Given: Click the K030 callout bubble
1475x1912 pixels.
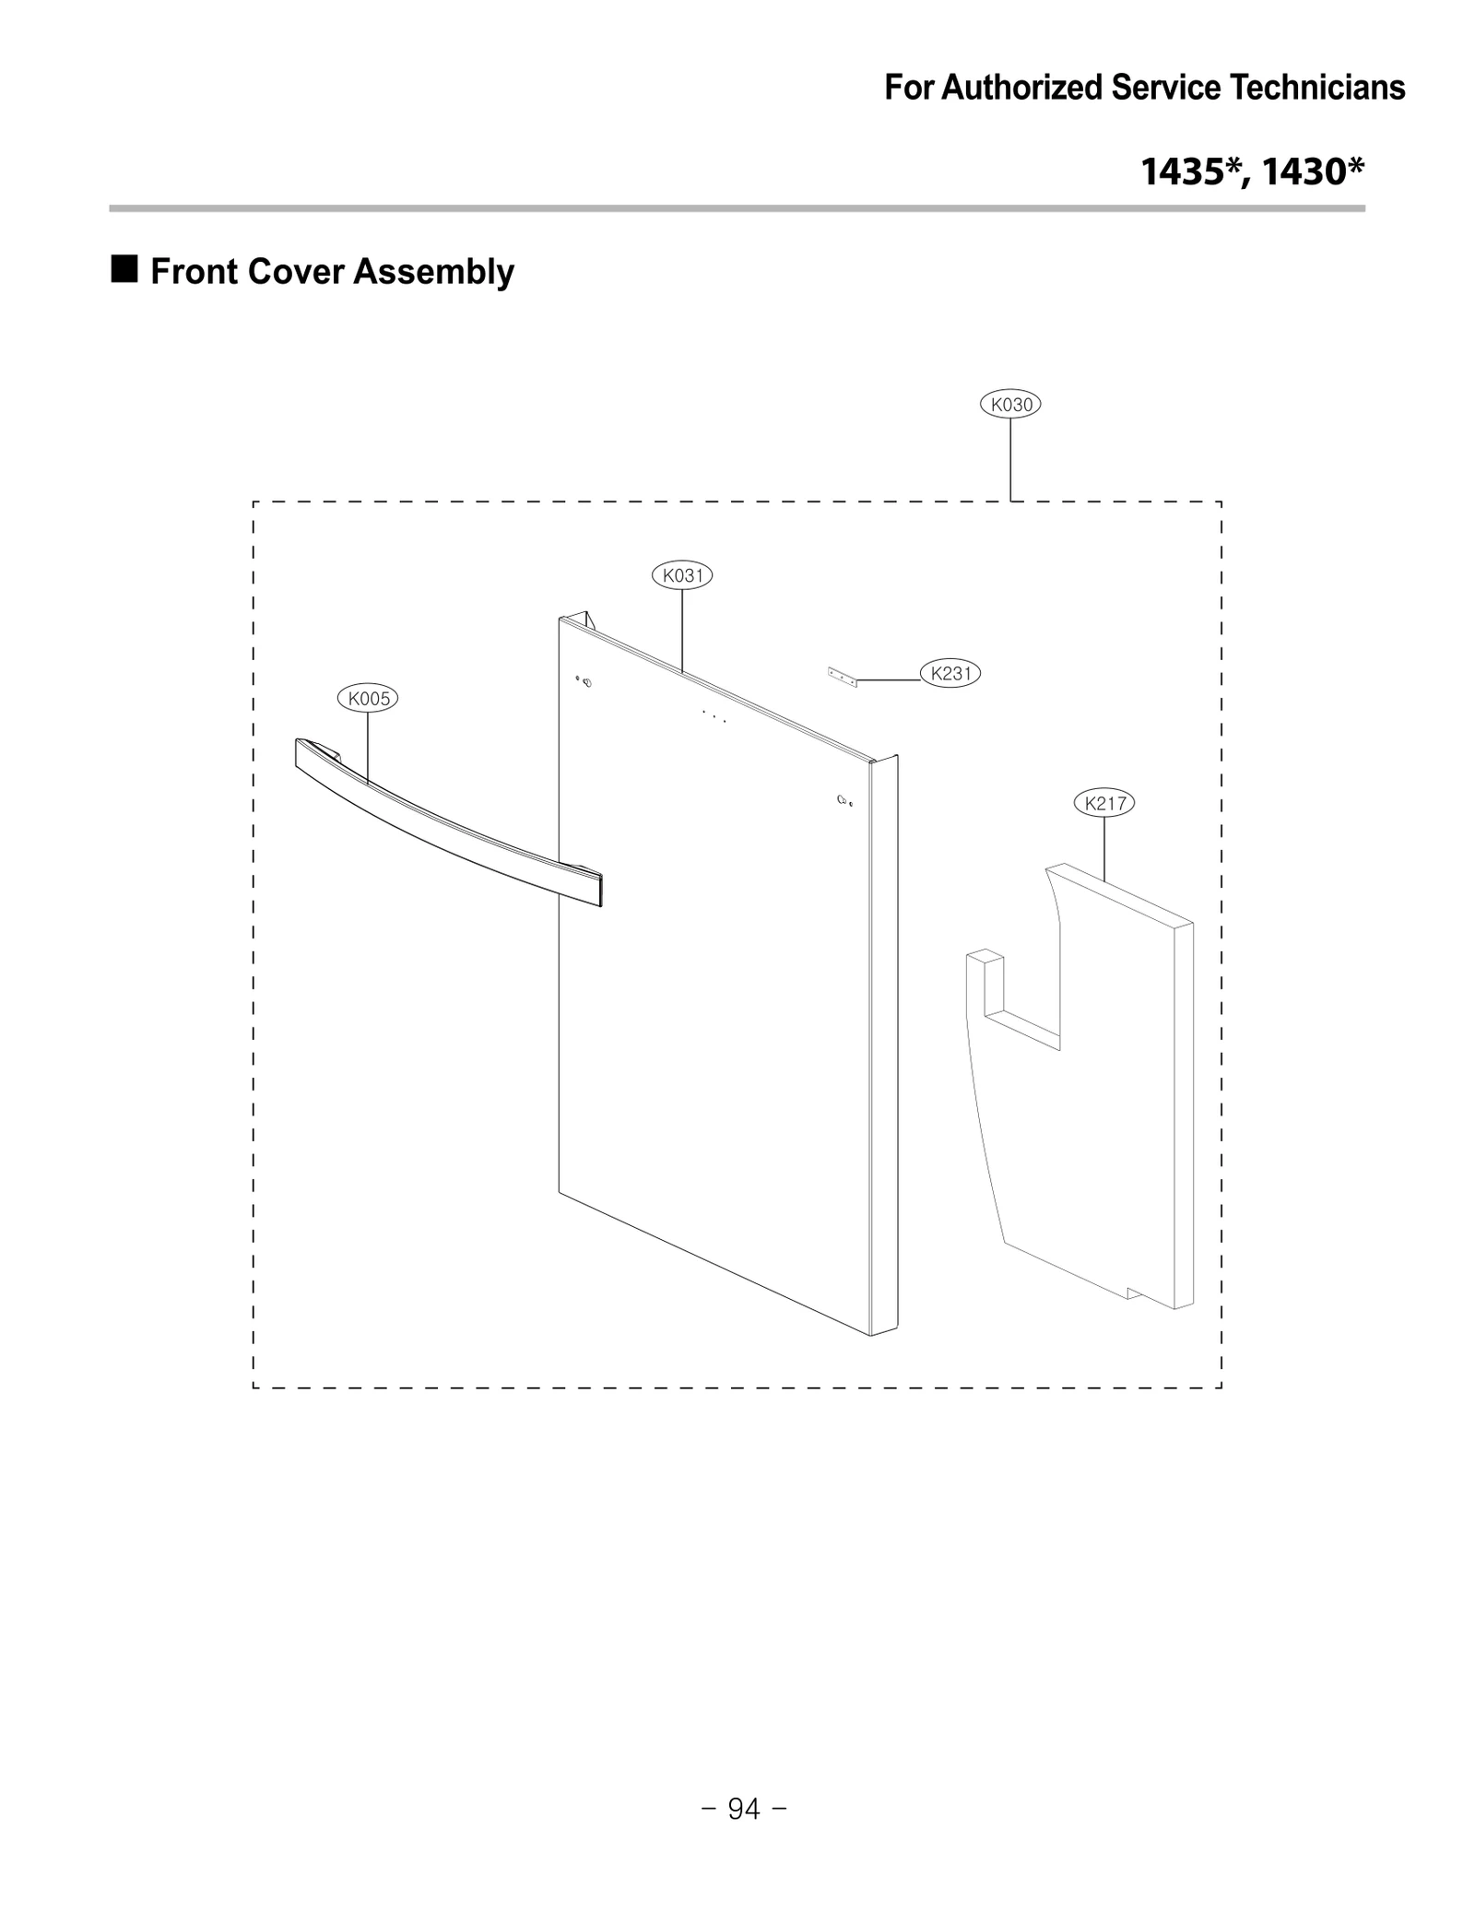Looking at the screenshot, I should coord(1009,404).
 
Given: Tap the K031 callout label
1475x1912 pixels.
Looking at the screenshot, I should coord(682,575).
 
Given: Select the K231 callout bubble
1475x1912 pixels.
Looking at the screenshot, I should coord(950,673).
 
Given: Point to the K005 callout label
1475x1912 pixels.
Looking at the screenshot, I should coord(368,699).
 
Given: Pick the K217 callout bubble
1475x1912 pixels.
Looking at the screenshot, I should coord(1104,803).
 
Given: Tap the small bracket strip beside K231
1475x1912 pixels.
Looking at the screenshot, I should coord(842,678).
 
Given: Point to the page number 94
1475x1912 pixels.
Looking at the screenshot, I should coord(744,1809).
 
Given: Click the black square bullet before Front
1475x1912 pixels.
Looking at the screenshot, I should coord(124,269).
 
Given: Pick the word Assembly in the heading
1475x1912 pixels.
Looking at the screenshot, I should coord(433,272).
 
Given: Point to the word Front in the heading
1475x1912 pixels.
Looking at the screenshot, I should coord(195,272).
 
